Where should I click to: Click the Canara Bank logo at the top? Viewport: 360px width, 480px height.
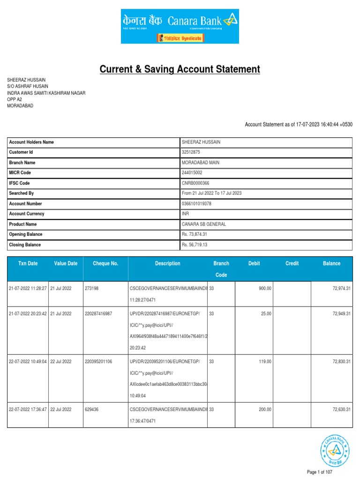pyautogui.click(x=180, y=26)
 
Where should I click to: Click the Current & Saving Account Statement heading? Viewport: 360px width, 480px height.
pyautogui.click(x=180, y=70)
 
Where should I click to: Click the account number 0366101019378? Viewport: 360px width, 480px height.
pyautogui.click(x=197, y=204)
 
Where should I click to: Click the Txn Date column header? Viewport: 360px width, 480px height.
pyautogui.click(x=28, y=263)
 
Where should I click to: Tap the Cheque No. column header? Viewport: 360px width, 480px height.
pyautogui.click(x=105, y=263)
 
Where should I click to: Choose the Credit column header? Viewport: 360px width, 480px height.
pyautogui.click(x=292, y=263)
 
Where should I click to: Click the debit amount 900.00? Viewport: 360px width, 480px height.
pyautogui.click(x=265, y=288)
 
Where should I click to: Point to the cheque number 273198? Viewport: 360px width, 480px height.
pyautogui.click(x=91, y=288)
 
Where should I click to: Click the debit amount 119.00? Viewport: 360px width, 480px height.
pyautogui.click(x=265, y=362)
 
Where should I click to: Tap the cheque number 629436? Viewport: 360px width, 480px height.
pyautogui.click(x=91, y=409)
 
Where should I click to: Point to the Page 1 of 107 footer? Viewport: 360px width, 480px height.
pyautogui.click(x=320, y=472)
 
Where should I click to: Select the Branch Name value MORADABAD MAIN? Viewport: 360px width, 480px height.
pyautogui.click(x=200, y=163)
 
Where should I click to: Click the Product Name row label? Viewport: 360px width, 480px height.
pyautogui.click(x=24, y=224)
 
